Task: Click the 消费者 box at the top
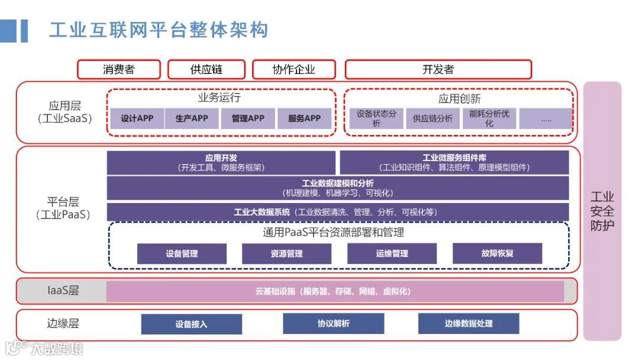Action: pyautogui.click(x=119, y=69)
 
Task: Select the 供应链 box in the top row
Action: pyautogui.click(x=206, y=69)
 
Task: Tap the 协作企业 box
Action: pyautogui.click(x=294, y=69)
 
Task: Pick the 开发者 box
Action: pyautogui.click(x=438, y=69)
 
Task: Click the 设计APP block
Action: pyautogui.click(x=137, y=118)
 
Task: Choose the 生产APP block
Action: pyautogui.click(x=192, y=118)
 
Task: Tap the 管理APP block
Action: pyautogui.click(x=248, y=118)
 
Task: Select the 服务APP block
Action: pyautogui.click(x=305, y=118)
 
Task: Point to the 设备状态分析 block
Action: pyautogui.click(x=376, y=118)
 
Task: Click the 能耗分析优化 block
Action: pyautogui.click(x=489, y=118)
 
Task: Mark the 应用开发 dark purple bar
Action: pyautogui.click(x=221, y=163)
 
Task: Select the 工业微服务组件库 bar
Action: pyautogui.click(x=454, y=163)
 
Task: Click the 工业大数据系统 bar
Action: pyautogui.click(x=337, y=212)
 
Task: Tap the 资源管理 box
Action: pyautogui.click(x=286, y=253)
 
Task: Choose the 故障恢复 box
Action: pyautogui.click(x=497, y=253)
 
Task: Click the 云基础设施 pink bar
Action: pyautogui.click(x=335, y=291)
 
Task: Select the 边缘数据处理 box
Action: pyautogui.click(x=469, y=324)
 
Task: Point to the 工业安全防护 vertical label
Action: pyautogui.click(x=602, y=211)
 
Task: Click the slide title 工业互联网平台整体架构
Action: pyautogui.click(x=158, y=30)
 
